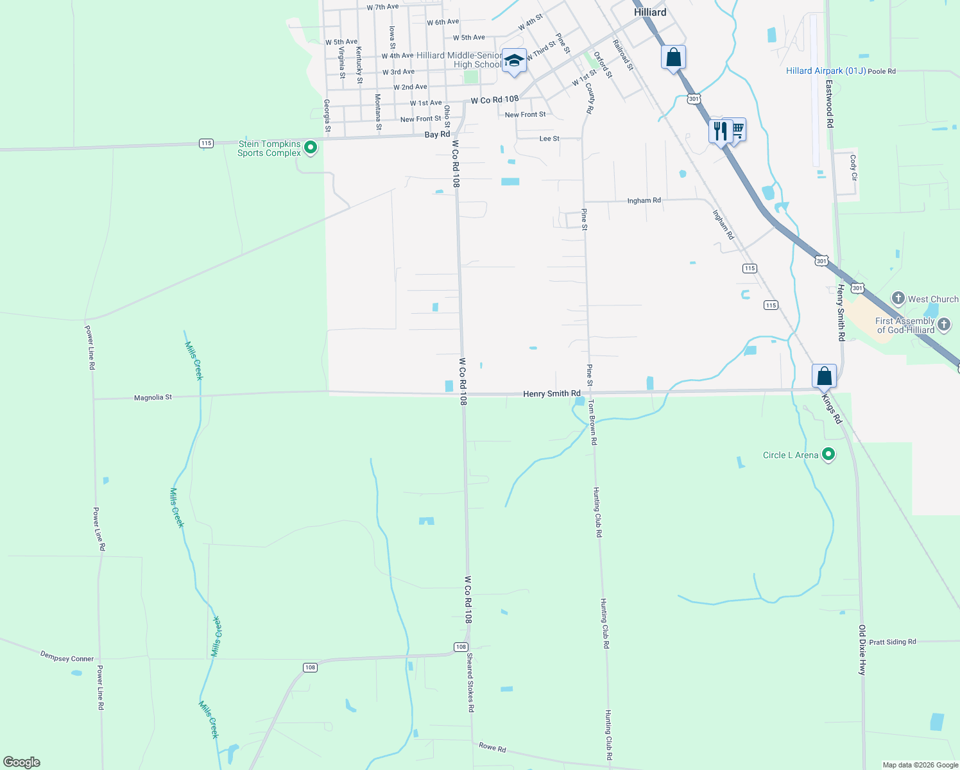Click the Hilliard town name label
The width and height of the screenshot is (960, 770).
tap(649, 12)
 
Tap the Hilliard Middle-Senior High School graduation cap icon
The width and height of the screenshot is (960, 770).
tap(514, 61)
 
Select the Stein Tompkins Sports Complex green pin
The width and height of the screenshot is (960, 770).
tap(311, 148)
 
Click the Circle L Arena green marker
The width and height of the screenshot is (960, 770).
tap(828, 455)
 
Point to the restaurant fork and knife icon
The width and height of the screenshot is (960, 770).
tap(720, 131)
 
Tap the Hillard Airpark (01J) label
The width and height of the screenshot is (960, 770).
tap(825, 71)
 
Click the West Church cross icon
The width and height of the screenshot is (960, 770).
tap(898, 298)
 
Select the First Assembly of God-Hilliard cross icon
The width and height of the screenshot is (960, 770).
tap(944, 324)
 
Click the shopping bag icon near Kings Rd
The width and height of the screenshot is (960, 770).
tap(824, 376)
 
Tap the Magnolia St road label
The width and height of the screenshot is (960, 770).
tap(153, 398)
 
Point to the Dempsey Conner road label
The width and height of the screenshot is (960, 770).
tap(67, 656)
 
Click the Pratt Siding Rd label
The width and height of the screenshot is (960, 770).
tap(893, 642)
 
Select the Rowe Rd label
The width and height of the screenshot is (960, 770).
tap(492, 748)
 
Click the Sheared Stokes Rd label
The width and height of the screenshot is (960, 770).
tap(470, 682)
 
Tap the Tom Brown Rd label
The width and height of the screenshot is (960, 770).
tap(593, 422)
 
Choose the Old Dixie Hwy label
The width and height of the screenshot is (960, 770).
tap(862, 649)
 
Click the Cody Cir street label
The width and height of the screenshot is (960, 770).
tap(853, 167)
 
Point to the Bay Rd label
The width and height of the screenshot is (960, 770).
tap(437, 135)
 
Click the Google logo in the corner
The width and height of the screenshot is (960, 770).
tap(22, 762)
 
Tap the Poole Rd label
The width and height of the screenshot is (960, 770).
tap(882, 71)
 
